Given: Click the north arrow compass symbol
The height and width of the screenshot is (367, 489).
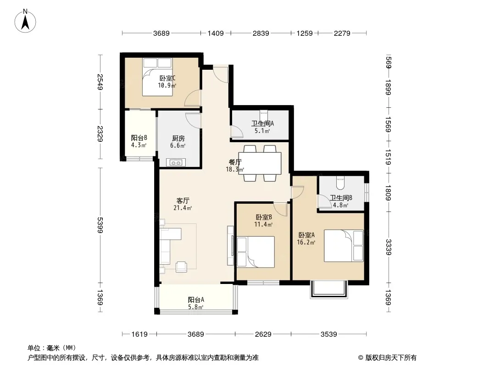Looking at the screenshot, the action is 25,21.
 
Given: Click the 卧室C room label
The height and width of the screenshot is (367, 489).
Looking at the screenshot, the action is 167,78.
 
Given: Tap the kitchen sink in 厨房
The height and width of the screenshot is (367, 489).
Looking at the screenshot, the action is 176,162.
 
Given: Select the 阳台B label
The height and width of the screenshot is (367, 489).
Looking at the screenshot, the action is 139,138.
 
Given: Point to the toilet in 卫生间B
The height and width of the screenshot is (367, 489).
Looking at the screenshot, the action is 340,183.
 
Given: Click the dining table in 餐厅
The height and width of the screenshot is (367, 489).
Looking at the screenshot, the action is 260,163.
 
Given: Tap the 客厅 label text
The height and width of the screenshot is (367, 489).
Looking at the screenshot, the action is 183,201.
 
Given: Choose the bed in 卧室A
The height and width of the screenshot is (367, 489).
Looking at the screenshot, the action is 344,246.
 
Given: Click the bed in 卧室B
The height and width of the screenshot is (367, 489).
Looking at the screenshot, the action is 256,252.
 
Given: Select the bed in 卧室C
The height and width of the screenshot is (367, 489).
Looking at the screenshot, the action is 157,77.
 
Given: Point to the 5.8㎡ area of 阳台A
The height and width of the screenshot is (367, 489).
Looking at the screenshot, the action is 195,307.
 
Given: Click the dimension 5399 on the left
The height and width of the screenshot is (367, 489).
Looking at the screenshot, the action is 100,225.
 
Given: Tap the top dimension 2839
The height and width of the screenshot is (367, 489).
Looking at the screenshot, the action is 261,33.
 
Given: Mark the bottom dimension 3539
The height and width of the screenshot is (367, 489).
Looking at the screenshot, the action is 329,334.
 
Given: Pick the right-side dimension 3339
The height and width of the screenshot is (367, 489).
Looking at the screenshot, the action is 388,247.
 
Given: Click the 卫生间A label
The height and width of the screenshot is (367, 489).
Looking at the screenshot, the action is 262,123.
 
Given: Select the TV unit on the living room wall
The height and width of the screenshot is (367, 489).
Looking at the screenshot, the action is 231,246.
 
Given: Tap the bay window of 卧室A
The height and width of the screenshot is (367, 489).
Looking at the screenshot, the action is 329,289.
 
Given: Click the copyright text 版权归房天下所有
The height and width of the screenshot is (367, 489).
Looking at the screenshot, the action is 391,358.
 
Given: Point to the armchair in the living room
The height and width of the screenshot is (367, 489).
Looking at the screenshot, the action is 182,267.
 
